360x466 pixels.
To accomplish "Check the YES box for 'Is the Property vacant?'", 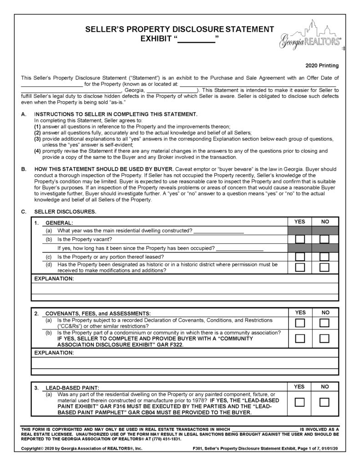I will tap(300, 239).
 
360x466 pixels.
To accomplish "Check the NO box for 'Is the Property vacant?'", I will tap(324, 239).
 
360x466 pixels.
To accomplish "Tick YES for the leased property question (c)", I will tap(300, 257).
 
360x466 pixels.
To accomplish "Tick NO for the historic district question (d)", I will tap(324, 267).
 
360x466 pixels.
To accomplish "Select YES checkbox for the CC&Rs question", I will tap(300, 323).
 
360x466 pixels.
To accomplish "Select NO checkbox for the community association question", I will tap(324, 339).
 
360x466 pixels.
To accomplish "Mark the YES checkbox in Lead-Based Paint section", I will tap(300, 402).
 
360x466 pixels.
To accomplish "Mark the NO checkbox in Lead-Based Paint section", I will tap(324, 402).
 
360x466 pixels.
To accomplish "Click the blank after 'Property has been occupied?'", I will tap(239, 248).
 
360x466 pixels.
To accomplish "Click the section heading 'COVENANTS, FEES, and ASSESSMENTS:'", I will tap(98, 314).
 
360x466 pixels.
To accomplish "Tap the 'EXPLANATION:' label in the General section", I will tap(54, 278).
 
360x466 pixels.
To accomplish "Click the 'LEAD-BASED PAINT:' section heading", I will tap(72, 388).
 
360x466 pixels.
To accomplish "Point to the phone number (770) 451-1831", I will tap(159, 439).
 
